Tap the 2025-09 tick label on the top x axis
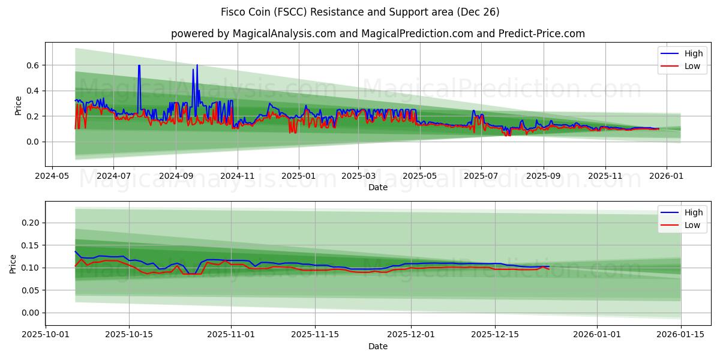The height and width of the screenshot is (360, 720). click(x=544, y=176)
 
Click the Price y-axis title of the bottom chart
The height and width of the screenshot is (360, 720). click(x=13, y=263)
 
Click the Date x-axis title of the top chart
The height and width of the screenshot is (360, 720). click(x=377, y=187)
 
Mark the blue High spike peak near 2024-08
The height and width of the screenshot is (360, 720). click(x=139, y=65)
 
